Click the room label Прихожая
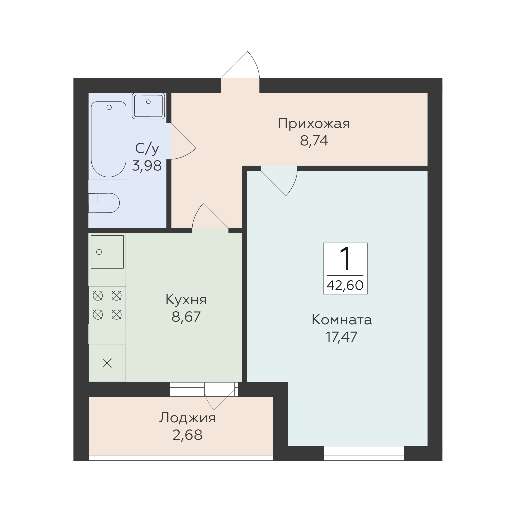[x=314, y=124]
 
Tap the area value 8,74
[x=314, y=141]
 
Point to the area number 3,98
[x=147, y=166]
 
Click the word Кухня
[x=186, y=300]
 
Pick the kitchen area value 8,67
[x=186, y=317]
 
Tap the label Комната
[x=342, y=320]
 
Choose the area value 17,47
[x=341, y=337]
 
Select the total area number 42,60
[x=345, y=285]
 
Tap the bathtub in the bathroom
[x=109, y=139]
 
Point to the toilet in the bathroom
[x=104, y=203]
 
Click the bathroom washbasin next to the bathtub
[x=148, y=106]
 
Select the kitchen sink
[x=107, y=252]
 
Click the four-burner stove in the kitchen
[x=107, y=305]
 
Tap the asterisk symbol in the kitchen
[x=107, y=363]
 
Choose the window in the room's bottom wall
[x=364, y=454]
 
